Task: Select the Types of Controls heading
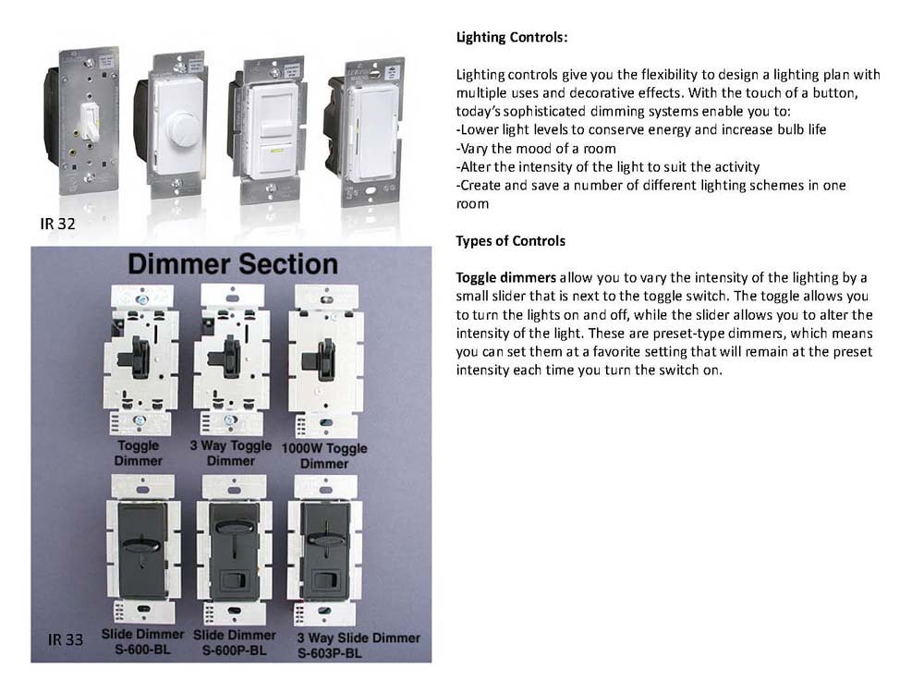(510, 241)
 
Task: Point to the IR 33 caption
(65, 639)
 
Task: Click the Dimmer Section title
(233, 264)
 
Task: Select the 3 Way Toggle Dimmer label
(231, 453)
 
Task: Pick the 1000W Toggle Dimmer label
(324, 456)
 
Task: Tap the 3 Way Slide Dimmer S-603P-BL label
(359, 645)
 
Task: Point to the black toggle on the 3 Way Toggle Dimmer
(230, 355)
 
